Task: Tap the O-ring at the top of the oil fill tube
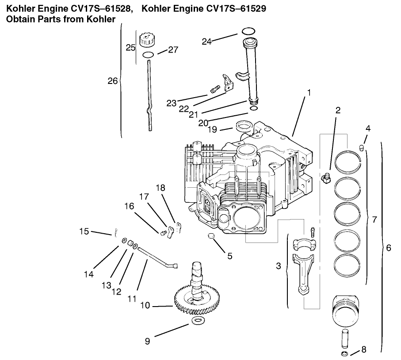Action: click(x=249, y=31)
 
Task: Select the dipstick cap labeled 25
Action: click(x=146, y=40)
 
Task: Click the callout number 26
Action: click(x=113, y=81)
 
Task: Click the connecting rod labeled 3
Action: click(x=305, y=269)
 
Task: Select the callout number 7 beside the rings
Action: click(x=374, y=220)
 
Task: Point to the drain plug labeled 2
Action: click(x=326, y=179)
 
